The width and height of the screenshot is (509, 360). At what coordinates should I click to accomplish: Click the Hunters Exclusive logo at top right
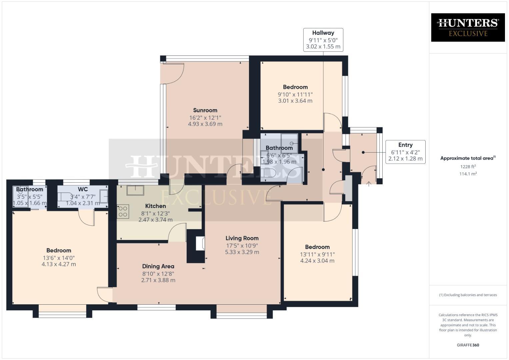[468, 27]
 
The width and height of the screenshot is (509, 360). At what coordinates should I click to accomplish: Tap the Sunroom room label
[205, 110]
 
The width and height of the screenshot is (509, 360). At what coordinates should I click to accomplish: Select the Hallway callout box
[323, 40]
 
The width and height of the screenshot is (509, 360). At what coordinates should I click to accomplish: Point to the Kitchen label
[155, 206]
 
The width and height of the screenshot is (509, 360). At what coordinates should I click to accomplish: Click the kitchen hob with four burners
[123, 211]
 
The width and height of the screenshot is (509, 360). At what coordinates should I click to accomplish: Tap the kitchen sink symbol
[135, 190]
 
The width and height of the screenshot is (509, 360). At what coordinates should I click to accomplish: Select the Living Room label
[242, 238]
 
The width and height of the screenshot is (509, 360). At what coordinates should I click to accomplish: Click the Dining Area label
[158, 266]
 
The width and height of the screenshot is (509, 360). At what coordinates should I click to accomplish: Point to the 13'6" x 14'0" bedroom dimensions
[59, 258]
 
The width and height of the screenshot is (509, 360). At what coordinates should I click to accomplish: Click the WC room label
[83, 189]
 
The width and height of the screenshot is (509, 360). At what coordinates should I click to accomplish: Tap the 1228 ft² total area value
[468, 167]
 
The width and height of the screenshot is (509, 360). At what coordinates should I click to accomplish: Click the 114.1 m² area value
[468, 174]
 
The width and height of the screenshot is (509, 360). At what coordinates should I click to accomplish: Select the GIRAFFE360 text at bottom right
[468, 345]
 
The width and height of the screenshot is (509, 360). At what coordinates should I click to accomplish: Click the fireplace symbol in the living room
[200, 243]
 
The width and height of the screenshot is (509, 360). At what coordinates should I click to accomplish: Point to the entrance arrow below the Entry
[369, 183]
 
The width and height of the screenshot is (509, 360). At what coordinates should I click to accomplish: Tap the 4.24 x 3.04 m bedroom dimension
[317, 261]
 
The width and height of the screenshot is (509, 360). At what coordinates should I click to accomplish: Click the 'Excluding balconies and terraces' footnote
[468, 295]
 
